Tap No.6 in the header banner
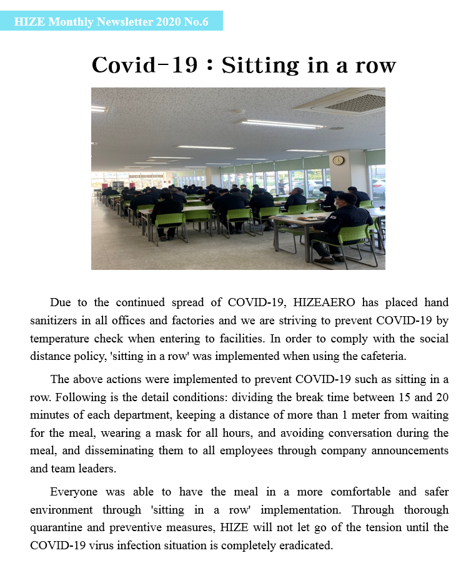tap(196, 22)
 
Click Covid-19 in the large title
tap(144, 65)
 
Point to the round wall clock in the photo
tap(338, 160)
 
